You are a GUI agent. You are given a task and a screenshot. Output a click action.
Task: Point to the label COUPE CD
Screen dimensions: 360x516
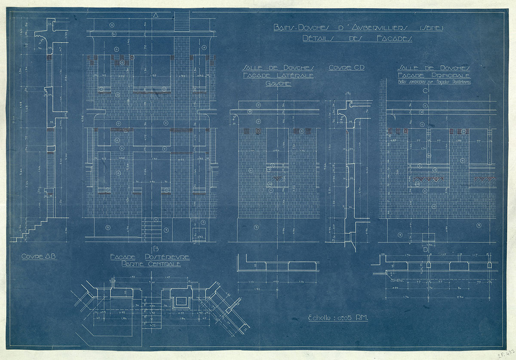click(346, 68)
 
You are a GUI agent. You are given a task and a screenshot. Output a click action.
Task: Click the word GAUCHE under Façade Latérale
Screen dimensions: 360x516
click(278, 84)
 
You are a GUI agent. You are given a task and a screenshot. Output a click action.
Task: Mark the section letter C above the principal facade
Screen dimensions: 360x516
click(425, 91)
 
